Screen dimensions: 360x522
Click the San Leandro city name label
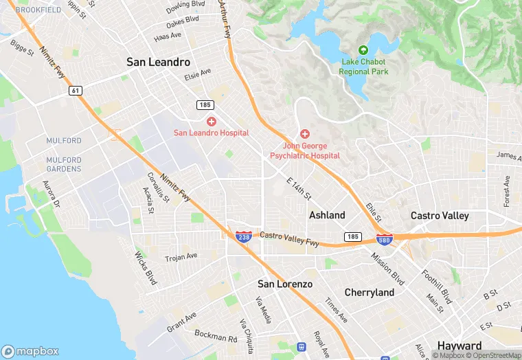pos(158,62)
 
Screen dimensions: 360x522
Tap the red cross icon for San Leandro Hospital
pos(211,121)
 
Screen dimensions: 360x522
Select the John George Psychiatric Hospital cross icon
pos(304,134)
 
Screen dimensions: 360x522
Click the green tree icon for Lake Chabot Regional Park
pos(363,50)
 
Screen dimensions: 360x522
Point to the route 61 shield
pos(74,90)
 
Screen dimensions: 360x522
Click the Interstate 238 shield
pos(242,236)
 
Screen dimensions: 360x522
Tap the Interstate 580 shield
pos(385,239)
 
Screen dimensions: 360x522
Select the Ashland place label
pos(327,215)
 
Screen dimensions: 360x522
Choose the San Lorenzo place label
pos(285,284)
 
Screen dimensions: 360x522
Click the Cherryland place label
pos(370,293)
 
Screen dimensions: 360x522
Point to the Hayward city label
pos(459,345)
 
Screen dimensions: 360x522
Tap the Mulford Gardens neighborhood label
pos(64,164)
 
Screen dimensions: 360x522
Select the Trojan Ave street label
pos(181,258)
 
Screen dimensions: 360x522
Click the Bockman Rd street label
pos(215,337)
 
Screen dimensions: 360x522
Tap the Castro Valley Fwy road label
pos(289,239)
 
